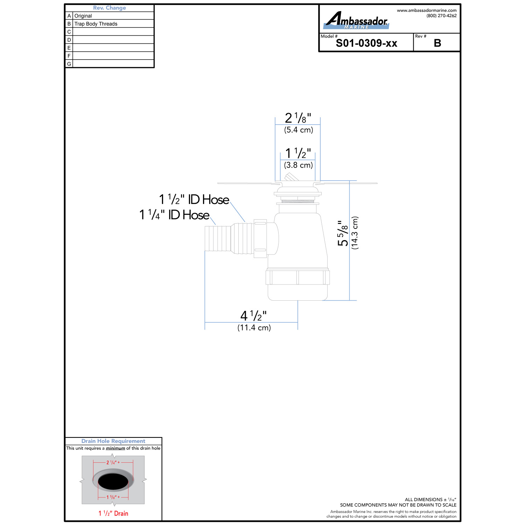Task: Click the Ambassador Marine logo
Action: tap(356, 20)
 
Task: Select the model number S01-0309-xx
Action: tap(366, 43)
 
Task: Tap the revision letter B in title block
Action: tap(437, 43)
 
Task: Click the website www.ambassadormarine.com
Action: tap(427, 10)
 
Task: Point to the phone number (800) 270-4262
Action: tap(441, 16)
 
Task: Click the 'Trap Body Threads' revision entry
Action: tap(96, 24)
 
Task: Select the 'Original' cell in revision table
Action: tap(83, 16)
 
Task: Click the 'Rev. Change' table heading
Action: tap(110, 8)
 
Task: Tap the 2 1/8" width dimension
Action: tap(298, 118)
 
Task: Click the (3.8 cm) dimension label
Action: tap(298, 165)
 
